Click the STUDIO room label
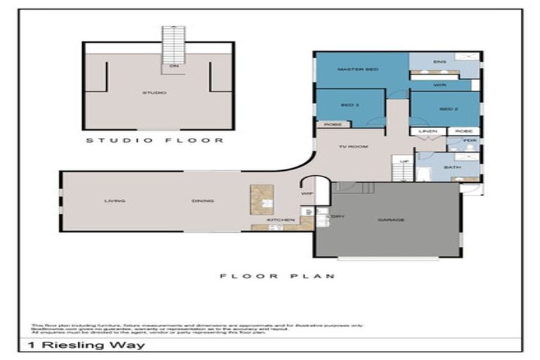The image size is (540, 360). click(154, 92)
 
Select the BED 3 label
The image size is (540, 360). click(350, 105)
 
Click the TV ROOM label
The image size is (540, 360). click(349, 147)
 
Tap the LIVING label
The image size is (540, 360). click(115, 201)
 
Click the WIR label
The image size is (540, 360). click(440, 85)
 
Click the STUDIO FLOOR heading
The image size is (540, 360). click(155, 140)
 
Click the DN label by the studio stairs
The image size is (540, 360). click(173, 67)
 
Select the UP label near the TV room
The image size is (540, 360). click(404, 162)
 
